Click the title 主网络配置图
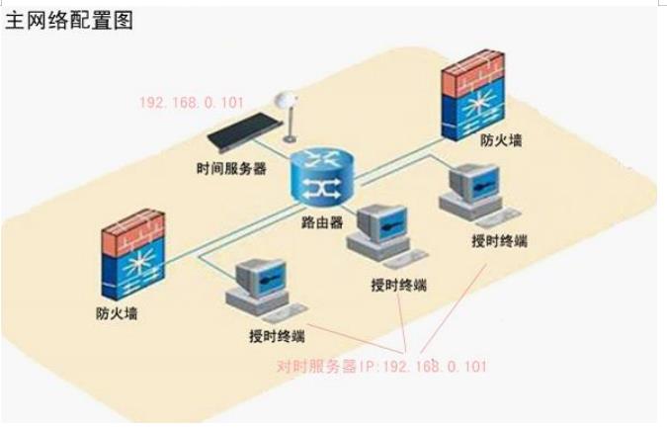[x=69, y=20]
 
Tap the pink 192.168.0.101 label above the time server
[x=191, y=102]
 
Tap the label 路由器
[x=322, y=223]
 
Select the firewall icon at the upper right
[x=476, y=99]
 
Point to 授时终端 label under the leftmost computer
[x=277, y=334]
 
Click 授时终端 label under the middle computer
[x=398, y=285]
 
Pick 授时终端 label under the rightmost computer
[x=500, y=240]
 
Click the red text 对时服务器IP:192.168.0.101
[x=381, y=366]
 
